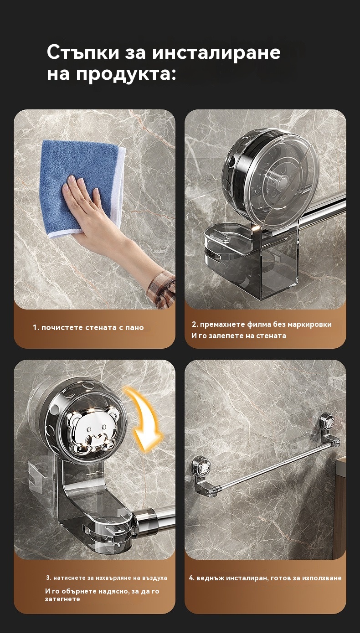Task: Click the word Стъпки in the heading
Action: pos(83,52)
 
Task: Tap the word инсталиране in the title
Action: pos(216,52)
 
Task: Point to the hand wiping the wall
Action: pos(85,204)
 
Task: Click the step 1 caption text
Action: pos(88,327)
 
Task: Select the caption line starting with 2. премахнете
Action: pos(262,324)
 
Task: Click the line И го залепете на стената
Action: pos(239,336)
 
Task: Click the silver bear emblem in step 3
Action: pos(93,430)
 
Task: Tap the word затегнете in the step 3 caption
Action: pos(62,599)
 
